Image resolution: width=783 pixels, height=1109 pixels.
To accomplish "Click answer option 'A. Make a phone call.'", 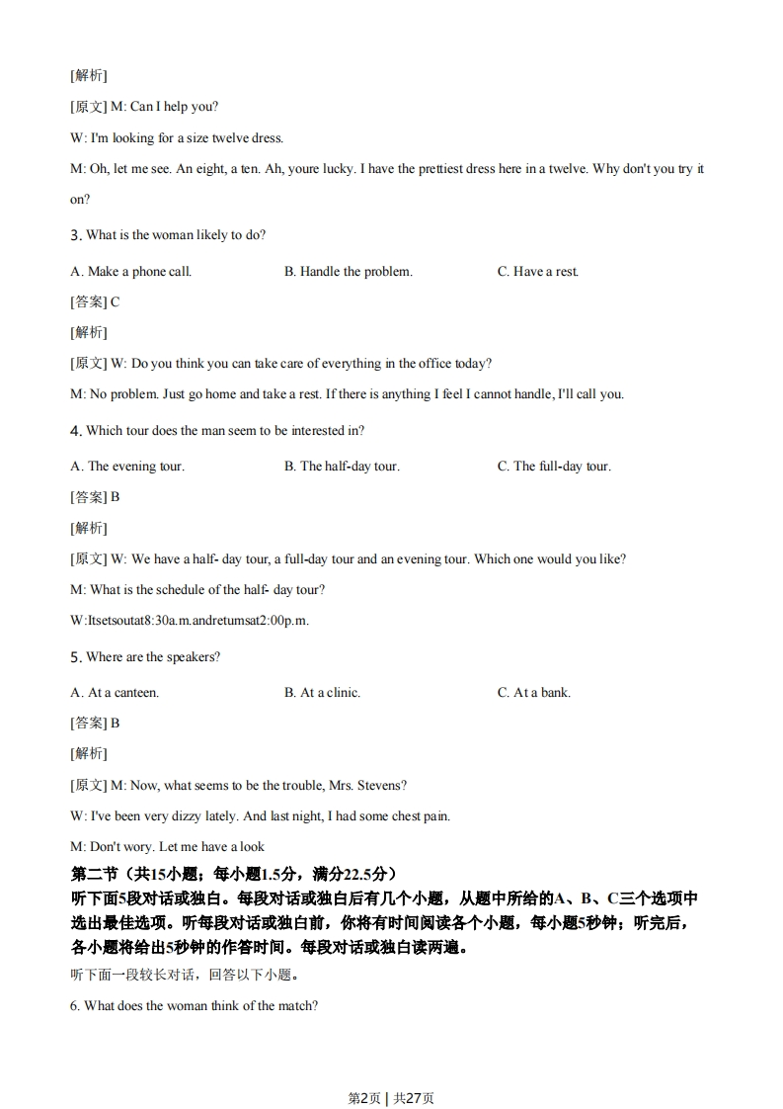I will point(131,272).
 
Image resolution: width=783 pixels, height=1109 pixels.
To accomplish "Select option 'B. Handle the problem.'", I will point(349,272).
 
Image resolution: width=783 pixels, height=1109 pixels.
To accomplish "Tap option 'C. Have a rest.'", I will point(538,272).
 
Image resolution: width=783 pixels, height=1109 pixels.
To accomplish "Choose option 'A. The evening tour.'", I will point(127,467).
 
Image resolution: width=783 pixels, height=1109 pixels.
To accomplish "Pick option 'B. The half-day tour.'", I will point(342,467).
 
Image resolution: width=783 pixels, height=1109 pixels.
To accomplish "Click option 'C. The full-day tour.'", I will point(554,467).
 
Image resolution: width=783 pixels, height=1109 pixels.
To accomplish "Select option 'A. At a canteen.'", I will point(115,693).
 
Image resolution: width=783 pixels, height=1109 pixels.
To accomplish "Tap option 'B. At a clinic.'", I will point(322,693).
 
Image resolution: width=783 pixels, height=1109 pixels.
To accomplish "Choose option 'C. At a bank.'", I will point(534,693).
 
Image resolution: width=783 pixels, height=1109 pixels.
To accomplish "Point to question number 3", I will point(75,235).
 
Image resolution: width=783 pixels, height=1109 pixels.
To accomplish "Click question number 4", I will point(75,431).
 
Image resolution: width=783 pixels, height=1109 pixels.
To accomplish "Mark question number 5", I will point(75,657).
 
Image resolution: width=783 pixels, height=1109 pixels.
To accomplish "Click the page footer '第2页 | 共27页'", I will point(391,1070).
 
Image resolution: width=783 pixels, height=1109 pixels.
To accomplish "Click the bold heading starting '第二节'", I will point(234,874).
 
